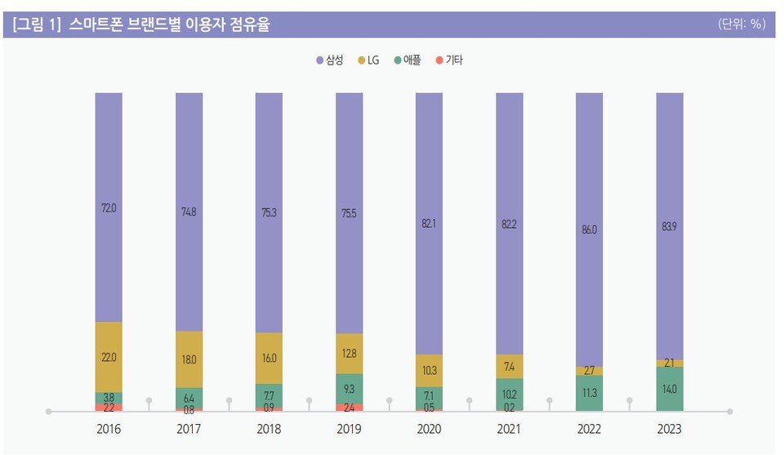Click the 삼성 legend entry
tap(329, 60)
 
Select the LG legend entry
tap(367, 60)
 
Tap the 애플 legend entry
tap(407, 60)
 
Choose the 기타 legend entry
tap(448, 60)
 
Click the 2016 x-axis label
tap(109, 429)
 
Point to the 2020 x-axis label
tap(429, 429)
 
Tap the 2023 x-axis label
tap(669, 429)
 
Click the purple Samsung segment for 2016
tap(109, 207)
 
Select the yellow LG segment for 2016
tap(109, 357)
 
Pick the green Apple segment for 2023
tap(669, 389)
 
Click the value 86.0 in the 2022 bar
tap(589, 230)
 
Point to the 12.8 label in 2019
tap(349, 354)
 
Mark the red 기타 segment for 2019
tap(349, 407)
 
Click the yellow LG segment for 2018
tap(269, 358)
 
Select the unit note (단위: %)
tap(741, 25)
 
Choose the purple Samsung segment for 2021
tap(509, 222)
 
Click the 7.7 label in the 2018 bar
tap(269, 395)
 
